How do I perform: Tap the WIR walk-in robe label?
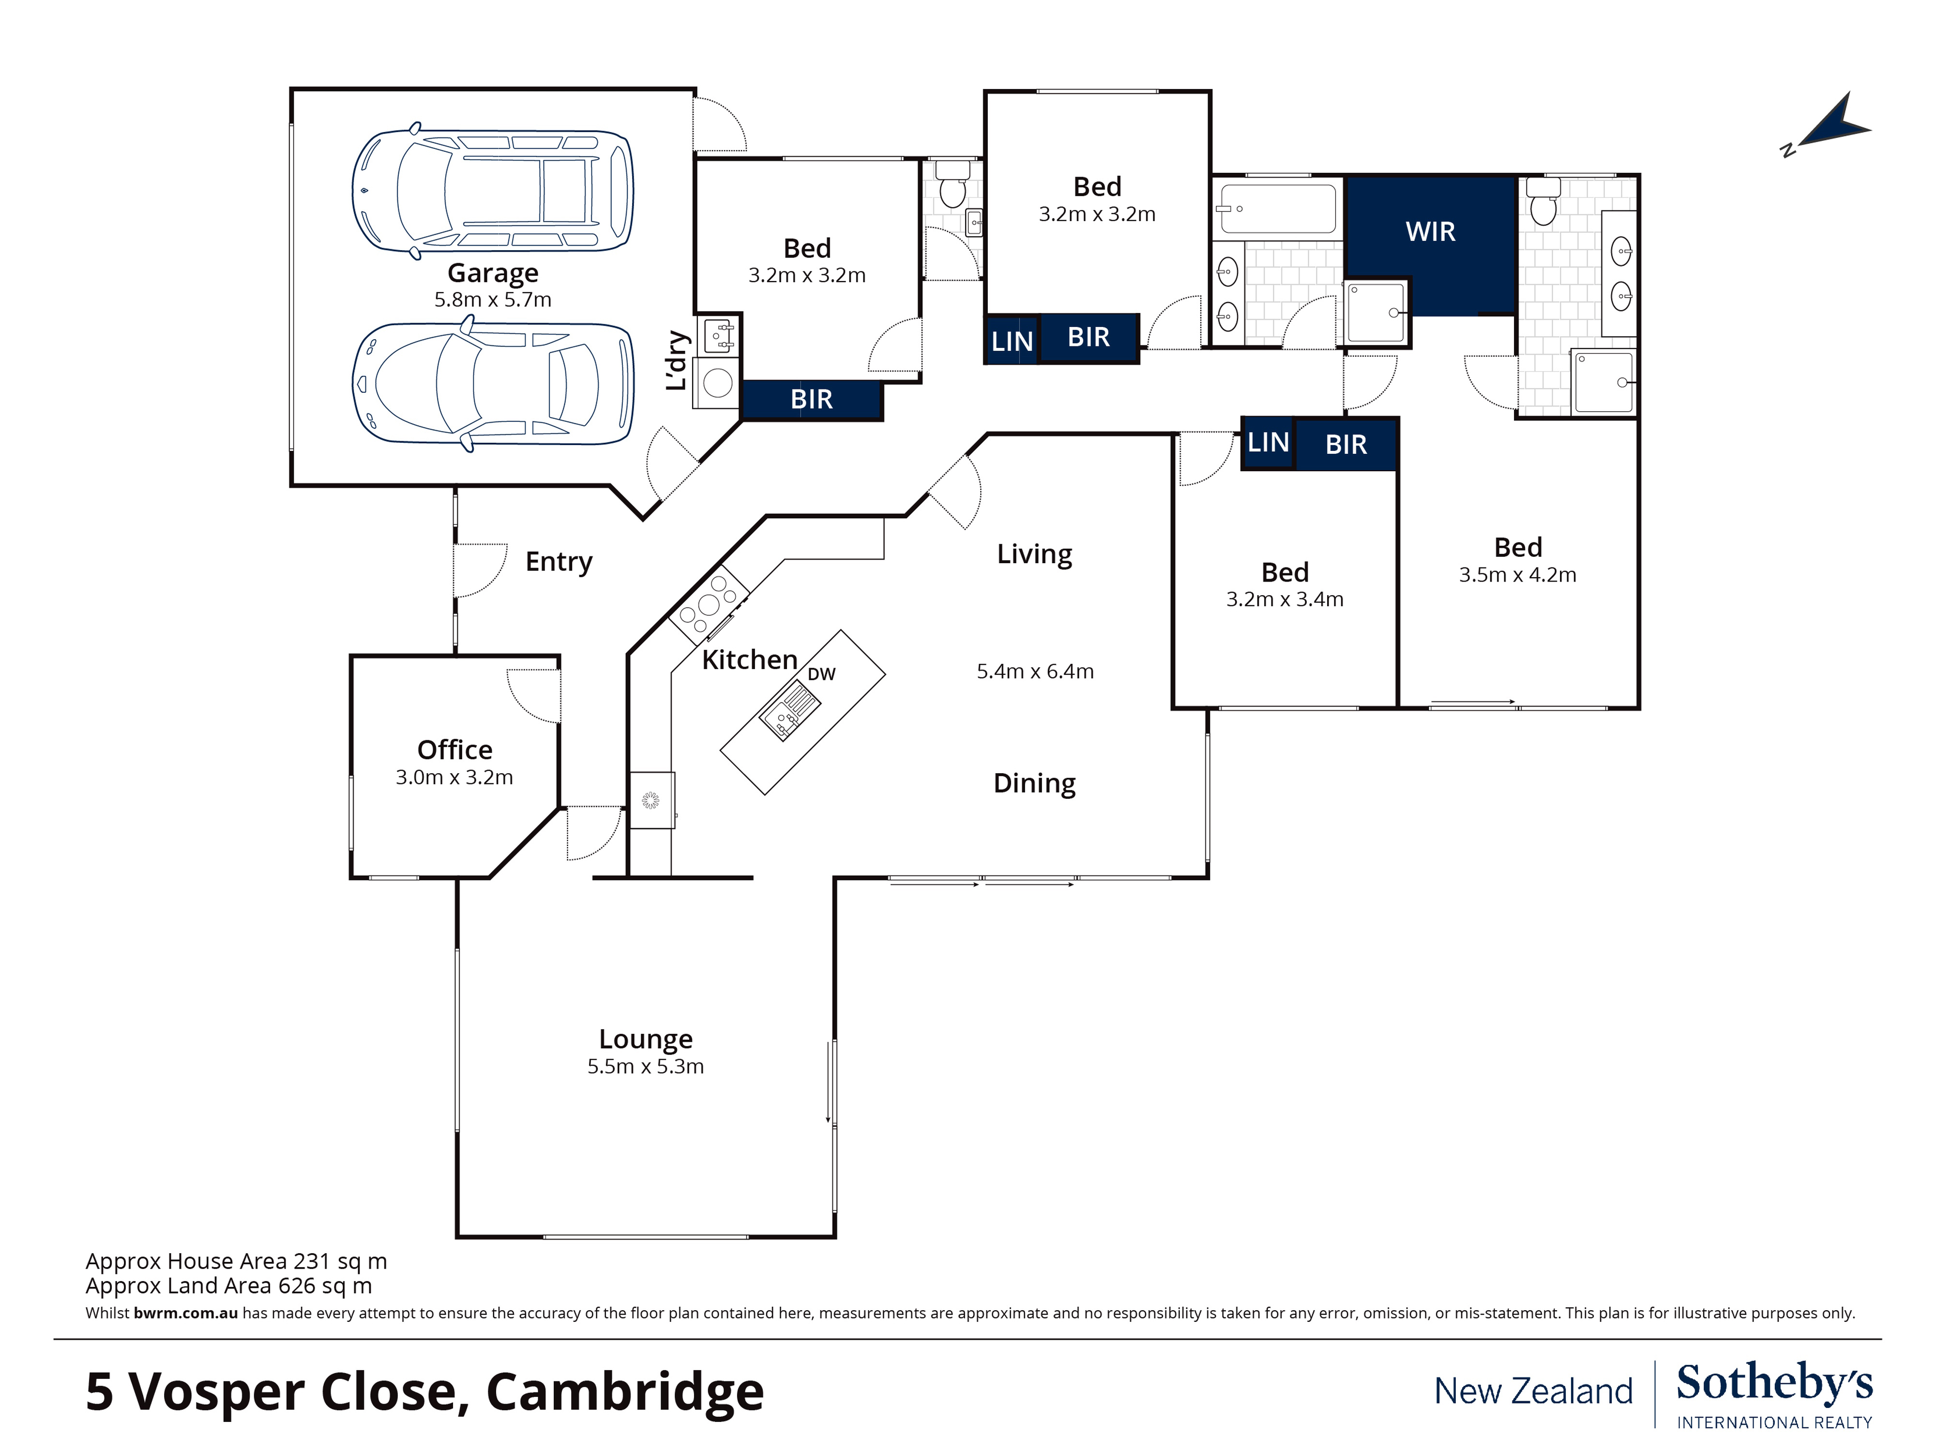pyautogui.click(x=1430, y=232)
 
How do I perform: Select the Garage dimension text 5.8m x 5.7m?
pyautogui.click(x=493, y=299)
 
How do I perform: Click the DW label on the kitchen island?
pyautogui.click(x=821, y=674)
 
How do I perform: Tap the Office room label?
pyautogui.click(x=454, y=750)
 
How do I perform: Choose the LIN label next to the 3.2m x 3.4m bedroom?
pyautogui.click(x=1267, y=443)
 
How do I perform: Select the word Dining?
pyautogui.click(x=1034, y=783)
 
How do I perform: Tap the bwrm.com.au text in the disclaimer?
pyautogui.click(x=185, y=1313)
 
